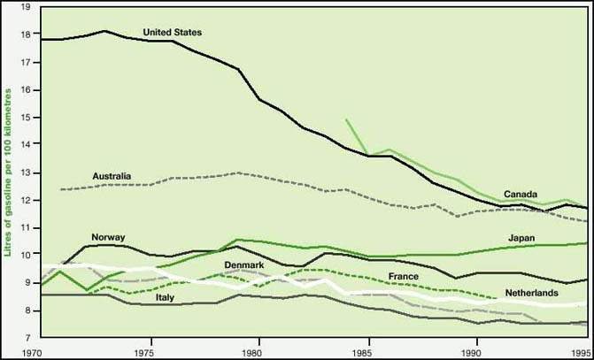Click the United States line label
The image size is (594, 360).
point(173,33)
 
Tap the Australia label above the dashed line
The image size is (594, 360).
point(112,178)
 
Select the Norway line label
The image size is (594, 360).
point(107,236)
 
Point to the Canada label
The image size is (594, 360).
point(523,194)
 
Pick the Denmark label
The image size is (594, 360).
point(243,264)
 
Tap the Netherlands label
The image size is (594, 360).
point(531,292)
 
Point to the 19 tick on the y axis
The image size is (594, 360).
point(26,7)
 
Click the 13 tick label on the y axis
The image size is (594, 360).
point(26,172)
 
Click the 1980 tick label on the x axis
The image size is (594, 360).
point(259,351)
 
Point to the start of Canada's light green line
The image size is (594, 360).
point(346,119)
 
